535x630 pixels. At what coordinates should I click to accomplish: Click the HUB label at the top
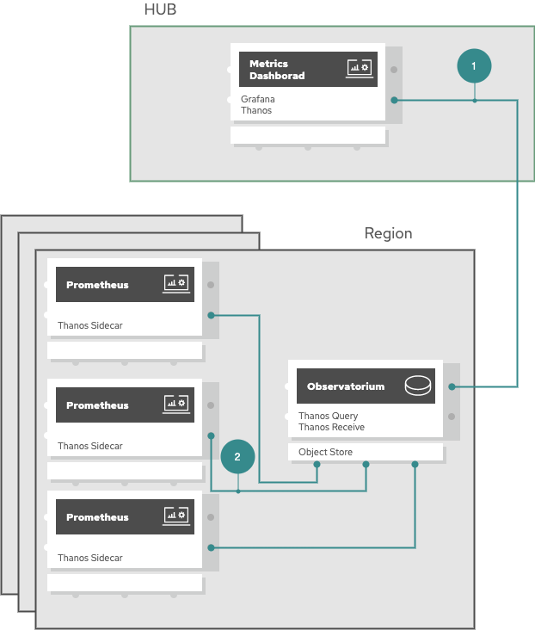point(160,9)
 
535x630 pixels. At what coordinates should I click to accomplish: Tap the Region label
point(388,233)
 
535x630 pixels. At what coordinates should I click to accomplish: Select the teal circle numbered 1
point(474,66)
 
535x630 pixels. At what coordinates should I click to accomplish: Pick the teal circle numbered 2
point(237,456)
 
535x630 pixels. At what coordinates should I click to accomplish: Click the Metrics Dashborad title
point(277,70)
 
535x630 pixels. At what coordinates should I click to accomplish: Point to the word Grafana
point(258,99)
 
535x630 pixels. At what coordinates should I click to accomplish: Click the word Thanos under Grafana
point(256,110)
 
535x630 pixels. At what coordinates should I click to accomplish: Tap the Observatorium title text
point(346,386)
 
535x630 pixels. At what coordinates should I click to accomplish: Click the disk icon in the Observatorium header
point(418,386)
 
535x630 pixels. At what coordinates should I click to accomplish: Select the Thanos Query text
point(329,416)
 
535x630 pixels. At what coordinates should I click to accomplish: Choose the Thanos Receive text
point(331,427)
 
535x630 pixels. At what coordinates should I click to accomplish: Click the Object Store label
point(325,452)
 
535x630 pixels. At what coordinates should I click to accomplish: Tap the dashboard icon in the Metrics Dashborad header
point(360,68)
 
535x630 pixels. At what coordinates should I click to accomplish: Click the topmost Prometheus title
point(97,285)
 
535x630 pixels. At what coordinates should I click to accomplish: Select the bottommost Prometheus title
point(97,517)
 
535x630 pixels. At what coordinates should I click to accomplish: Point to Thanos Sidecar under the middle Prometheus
point(90,446)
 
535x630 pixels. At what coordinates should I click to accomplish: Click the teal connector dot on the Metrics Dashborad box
point(395,100)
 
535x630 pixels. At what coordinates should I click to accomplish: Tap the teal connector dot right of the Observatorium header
point(452,386)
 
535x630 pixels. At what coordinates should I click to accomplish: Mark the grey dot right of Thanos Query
point(452,417)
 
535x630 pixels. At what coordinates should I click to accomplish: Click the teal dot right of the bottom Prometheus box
point(211,547)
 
